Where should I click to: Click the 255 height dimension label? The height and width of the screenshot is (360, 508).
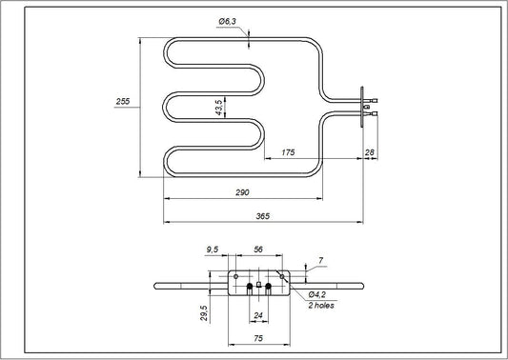coord(122,102)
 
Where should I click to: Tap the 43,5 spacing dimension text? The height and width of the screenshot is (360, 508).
coord(219,109)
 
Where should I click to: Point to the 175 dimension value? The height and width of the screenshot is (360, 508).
coord(286,152)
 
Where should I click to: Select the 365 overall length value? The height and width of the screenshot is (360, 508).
coord(263,217)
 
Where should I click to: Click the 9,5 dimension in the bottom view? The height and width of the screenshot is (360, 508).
coord(213,250)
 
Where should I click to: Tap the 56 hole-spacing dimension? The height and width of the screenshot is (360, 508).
coord(256,250)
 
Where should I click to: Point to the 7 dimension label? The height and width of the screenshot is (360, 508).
coord(321,260)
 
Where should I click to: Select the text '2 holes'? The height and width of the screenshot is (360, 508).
coord(322,306)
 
